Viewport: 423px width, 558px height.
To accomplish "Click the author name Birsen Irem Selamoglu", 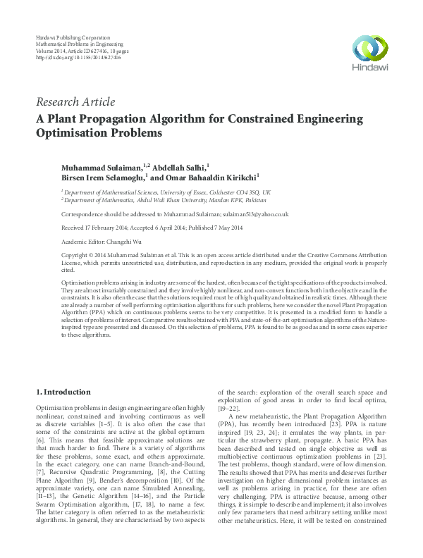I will click(107, 178).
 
